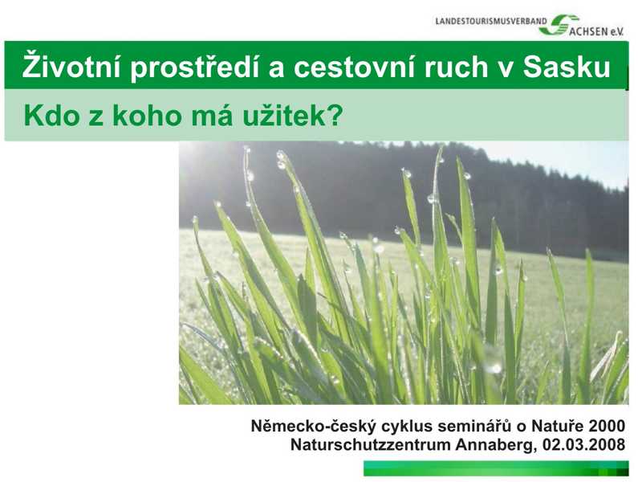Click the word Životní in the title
pos(71,65)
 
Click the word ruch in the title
pos(456,67)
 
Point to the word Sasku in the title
pos(567,67)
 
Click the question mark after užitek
pos(334,116)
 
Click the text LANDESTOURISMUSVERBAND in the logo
pos(491,21)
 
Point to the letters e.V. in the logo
pos(616,32)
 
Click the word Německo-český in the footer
pos(314,427)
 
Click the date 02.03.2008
pos(584,444)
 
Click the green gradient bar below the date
pos(496,468)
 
